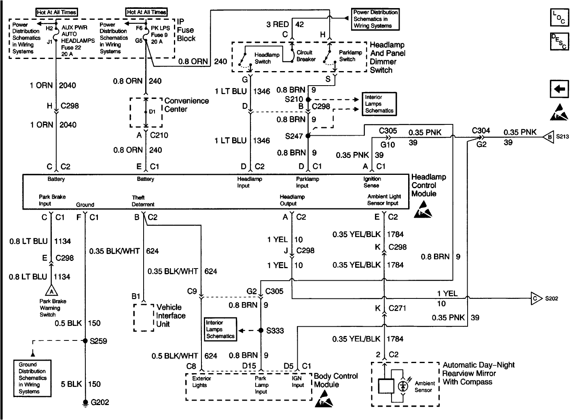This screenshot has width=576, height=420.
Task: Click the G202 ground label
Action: click(100, 402)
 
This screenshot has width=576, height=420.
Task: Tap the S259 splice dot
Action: click(85, 341)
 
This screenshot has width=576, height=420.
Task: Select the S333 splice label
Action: click(275, 330)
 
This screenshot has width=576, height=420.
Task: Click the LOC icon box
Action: click(559, 17)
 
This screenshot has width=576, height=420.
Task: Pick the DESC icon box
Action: click(559, 41)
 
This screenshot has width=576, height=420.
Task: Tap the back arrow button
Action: click(559, 89)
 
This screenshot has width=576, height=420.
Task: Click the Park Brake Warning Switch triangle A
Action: click(51, 291)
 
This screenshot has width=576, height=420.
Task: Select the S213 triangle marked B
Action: click(549, 137)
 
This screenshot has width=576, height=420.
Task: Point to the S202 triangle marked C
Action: click(536, 298)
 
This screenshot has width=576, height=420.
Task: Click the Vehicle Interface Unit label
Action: click(171, 315)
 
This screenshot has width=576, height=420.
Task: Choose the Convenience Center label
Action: click(186, 105)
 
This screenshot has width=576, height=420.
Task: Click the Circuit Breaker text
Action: click(306, 56)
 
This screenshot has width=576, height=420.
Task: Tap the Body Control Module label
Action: click(336, 380)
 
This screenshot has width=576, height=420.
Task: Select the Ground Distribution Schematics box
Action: click(32, 378)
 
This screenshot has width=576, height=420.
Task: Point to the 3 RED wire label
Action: click(277, 24)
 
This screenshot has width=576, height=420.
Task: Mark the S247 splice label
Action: click(294, 136)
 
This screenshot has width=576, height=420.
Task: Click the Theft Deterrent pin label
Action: click(143, 201)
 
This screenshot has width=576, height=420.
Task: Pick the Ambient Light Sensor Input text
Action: click(384, 200)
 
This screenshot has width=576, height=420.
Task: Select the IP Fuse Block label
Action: click(186, 30)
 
